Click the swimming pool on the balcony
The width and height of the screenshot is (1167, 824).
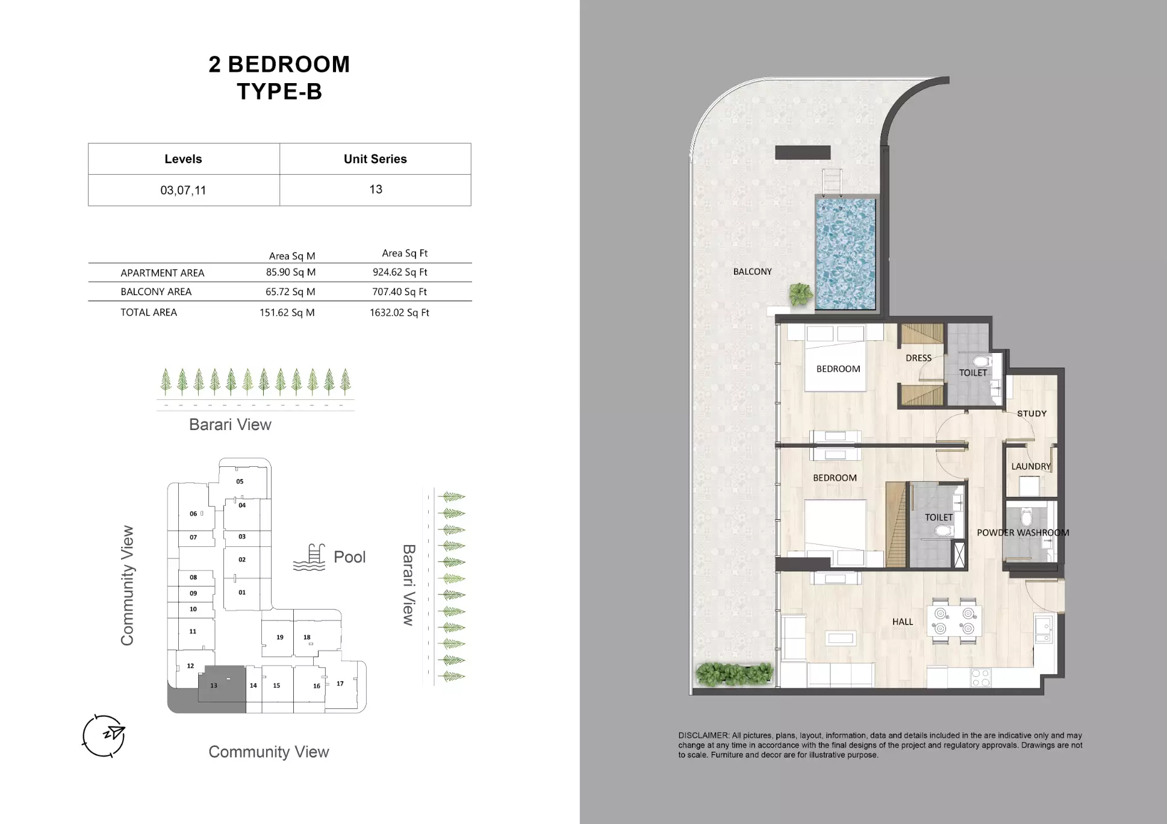click(x=845, y=253)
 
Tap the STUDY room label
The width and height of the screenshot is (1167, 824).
click(x=1032, y=414)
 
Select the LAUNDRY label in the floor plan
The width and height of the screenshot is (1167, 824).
click(x=1030, y=466)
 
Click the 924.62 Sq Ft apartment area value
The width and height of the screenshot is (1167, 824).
click(x=400, y=272)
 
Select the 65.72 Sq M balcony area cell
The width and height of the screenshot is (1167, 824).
click(x=290, y=292)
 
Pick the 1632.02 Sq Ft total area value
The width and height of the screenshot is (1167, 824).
click(x=399, y=313)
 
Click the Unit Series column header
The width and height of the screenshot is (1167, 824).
click(x=375, y=159)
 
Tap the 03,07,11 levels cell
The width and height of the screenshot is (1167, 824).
click(x=183, y=190)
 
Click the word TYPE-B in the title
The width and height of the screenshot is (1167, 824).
click(x=279, y=92)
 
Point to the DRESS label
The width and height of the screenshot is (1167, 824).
click(x=918, y=358)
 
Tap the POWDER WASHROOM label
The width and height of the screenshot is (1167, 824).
click(x=1022, y=532)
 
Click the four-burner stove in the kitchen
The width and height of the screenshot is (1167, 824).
click(x=980, y=678)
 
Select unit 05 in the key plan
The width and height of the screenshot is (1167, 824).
click(x=240, y=481)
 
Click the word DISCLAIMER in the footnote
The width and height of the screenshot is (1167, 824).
click(x=703, y=735)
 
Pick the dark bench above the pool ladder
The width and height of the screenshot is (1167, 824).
click(x=802, y=152)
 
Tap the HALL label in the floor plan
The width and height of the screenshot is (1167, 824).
click(x=902, y=622)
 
